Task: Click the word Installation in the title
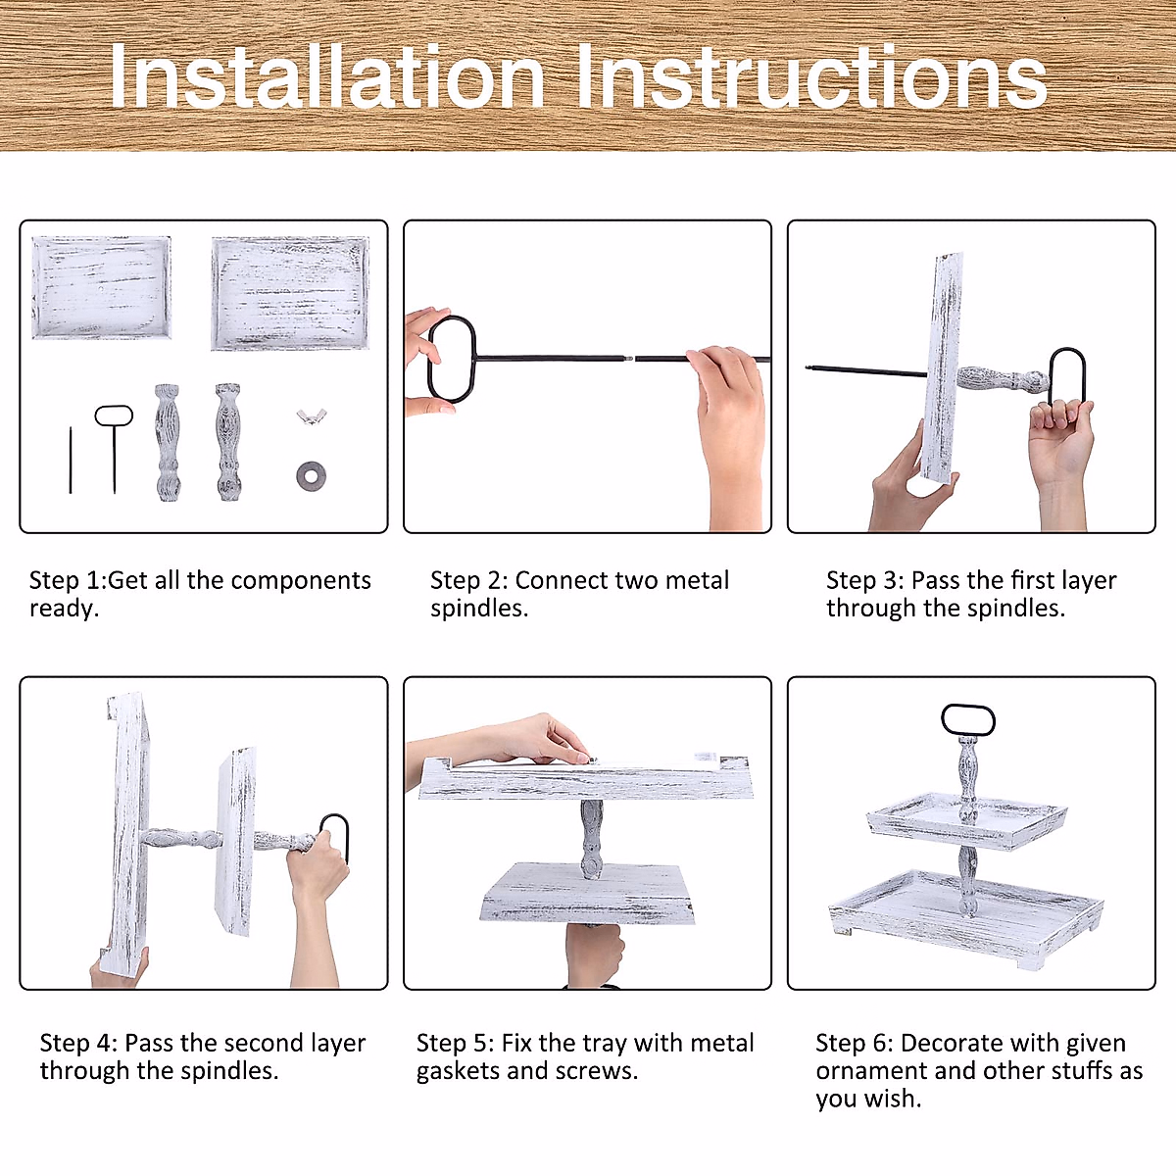[327, 76]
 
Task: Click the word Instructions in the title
[811, 76]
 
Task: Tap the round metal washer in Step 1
[311, 476]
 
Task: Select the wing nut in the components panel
[312, 416]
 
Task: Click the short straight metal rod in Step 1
[71, 461]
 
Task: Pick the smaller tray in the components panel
[101, 287]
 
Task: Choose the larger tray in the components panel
[290, 293]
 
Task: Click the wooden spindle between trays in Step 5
[591, 840]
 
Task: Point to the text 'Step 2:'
[468, 580]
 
